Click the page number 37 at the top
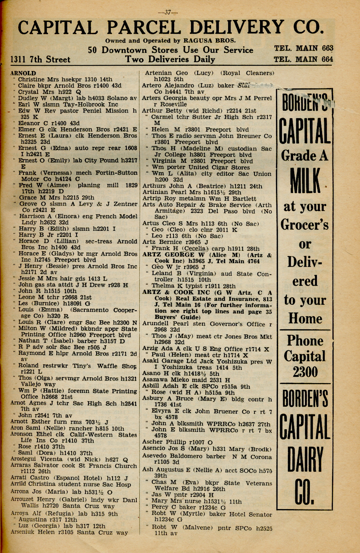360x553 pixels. (x=168, y=12)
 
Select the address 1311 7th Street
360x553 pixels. (x=40, y=59)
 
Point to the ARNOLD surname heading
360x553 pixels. (x=23, y=73)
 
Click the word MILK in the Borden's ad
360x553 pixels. (x=305, y=181)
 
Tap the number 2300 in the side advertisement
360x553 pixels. (x=305, y=372)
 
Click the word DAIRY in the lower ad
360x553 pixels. (x=305, y=460)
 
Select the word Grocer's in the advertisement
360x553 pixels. (x=305, y=225)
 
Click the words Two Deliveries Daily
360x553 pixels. (x=170, y=59)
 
